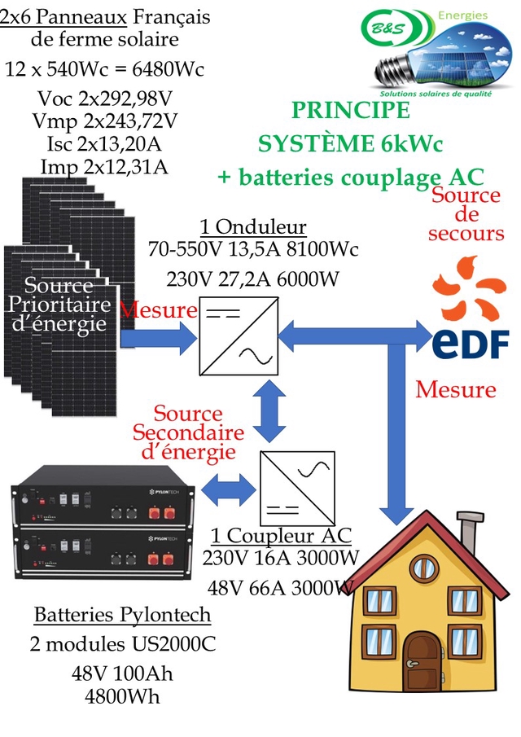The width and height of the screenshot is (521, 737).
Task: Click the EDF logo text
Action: click(470, 342)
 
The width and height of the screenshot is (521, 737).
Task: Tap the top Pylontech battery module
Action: click(104, 504)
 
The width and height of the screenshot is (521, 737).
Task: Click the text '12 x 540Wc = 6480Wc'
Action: click(104, 69)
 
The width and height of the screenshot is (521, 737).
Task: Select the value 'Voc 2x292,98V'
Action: click(105, 99)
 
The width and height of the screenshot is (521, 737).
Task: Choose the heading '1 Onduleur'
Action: click(252, 226)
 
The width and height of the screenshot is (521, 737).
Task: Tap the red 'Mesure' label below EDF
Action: click(455, 389)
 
